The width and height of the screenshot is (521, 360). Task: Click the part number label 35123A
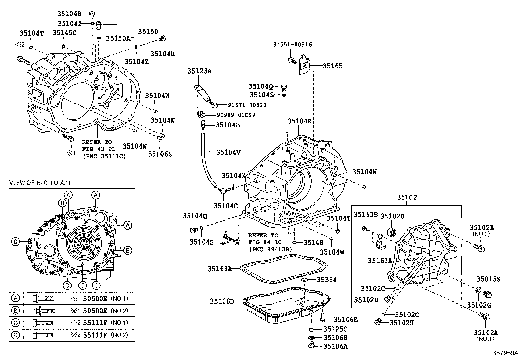click(x=199, y=71)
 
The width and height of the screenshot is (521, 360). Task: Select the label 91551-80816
click(x=293, y=44)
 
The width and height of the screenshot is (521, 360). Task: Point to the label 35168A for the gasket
click(x=220, y=269)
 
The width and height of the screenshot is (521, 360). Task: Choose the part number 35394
click(x=326, y=280)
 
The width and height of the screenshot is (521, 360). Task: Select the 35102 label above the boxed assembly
click(x=407, y=197)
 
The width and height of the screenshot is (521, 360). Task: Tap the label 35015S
click(x=488, y=279)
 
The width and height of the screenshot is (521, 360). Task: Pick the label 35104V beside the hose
click(x=228, y=152)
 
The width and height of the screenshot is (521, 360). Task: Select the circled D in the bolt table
click(x=15, y=335)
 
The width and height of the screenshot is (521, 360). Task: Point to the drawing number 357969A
click(x=506, y=353)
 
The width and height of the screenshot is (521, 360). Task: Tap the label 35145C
click(x=64, y=32)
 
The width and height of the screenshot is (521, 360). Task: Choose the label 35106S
click(x=160, y=153)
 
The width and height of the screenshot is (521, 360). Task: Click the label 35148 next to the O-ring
click(x=313, y=242)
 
